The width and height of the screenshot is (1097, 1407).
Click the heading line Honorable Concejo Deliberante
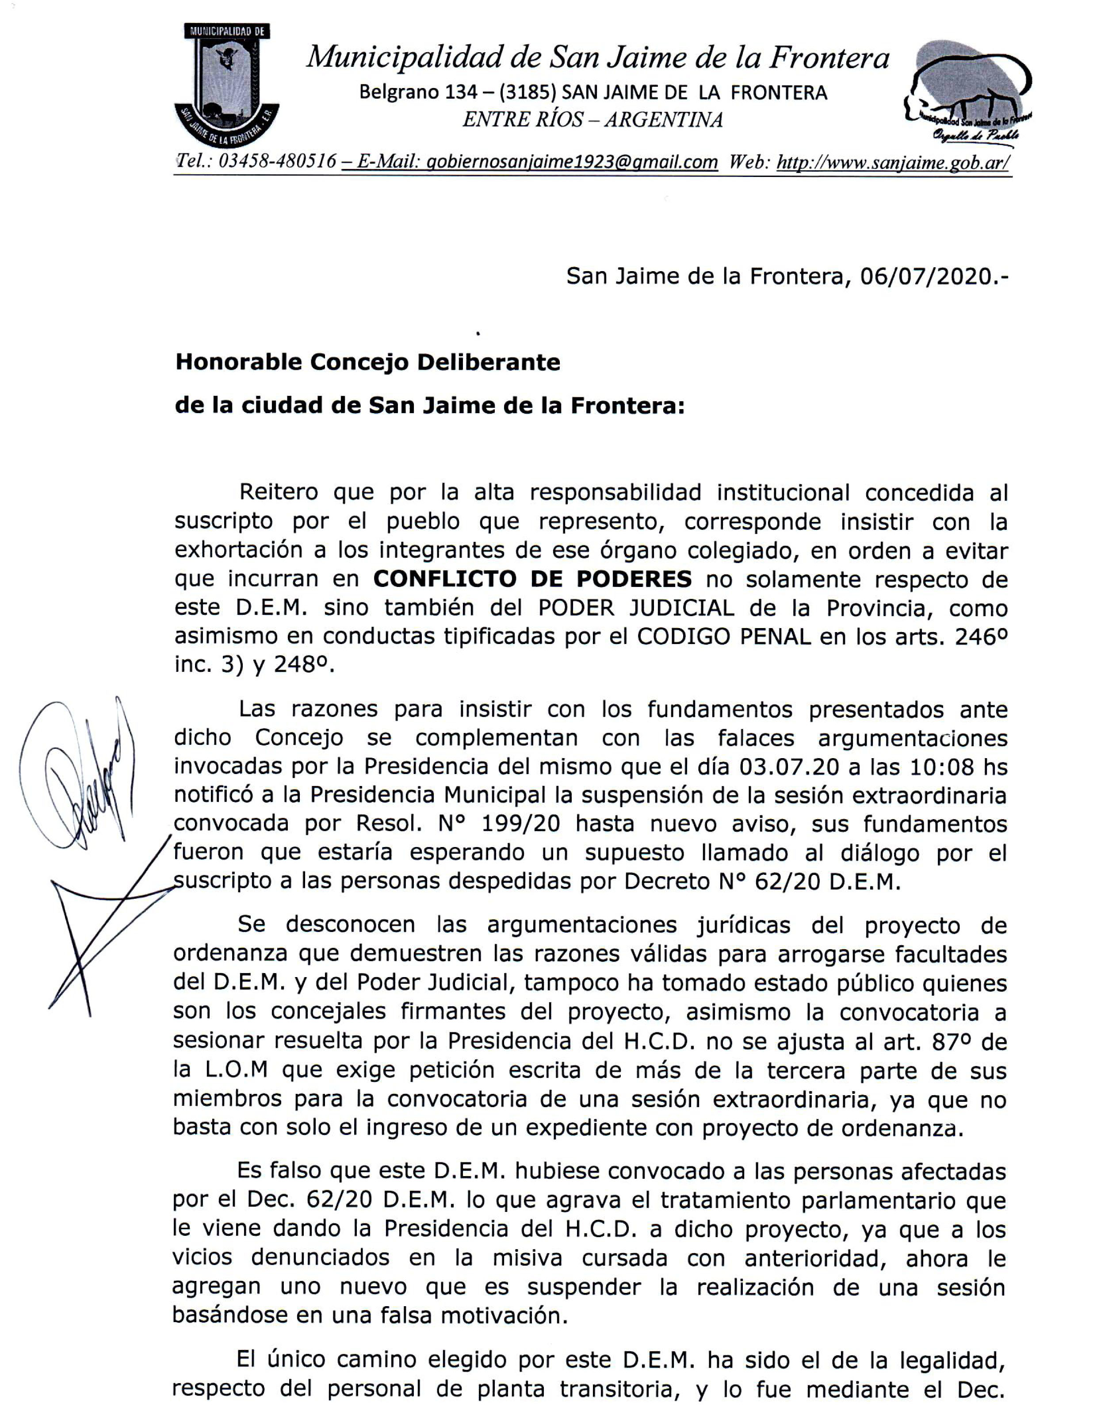click(x=368, y=362)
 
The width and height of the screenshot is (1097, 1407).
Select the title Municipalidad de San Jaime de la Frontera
click(x=597, y=58)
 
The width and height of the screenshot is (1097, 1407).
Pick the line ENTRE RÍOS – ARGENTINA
click(x=592, y=120)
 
